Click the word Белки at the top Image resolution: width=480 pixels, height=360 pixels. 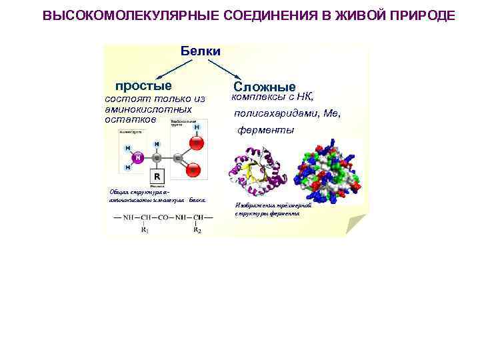tap(200, 51)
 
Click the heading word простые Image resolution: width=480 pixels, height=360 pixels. tap(143, 85)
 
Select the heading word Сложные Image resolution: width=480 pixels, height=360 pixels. tap(265, 87)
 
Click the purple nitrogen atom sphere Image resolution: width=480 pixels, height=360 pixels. tap(138, 158)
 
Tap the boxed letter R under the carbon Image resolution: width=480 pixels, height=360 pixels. tap(157, 177)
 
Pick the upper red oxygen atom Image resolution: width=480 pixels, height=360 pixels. tap(197, 142)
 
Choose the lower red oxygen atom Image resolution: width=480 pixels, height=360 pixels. tap(194, 171)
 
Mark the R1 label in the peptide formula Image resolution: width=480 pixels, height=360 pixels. tap(145, 231)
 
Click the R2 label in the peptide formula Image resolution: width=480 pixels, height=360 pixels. tap(197, 231)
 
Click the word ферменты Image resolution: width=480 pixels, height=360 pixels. tap(266, 130)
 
